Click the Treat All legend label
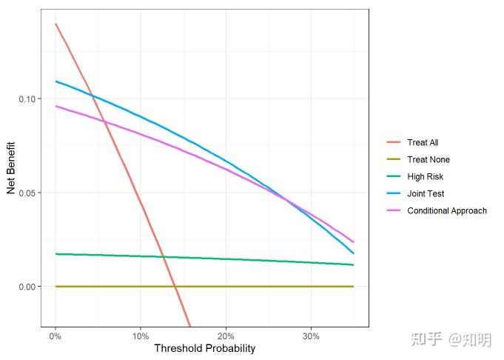(423, 142)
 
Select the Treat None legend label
(428, 159)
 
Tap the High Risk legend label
(425, 176)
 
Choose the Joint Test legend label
(426, 193)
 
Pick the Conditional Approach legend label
(447, 210)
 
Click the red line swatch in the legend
(393, 142)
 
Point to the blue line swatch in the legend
(393, 193)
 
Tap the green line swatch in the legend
(393, 176)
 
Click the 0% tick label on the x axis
(56, 336)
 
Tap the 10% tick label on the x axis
(141, 336)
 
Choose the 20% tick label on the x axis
(226, 336)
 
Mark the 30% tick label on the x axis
(311, 336)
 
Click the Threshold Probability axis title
(204, 348)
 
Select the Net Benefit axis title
(11, 167)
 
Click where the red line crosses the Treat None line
(175, 286)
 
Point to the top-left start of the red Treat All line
(56, 24)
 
